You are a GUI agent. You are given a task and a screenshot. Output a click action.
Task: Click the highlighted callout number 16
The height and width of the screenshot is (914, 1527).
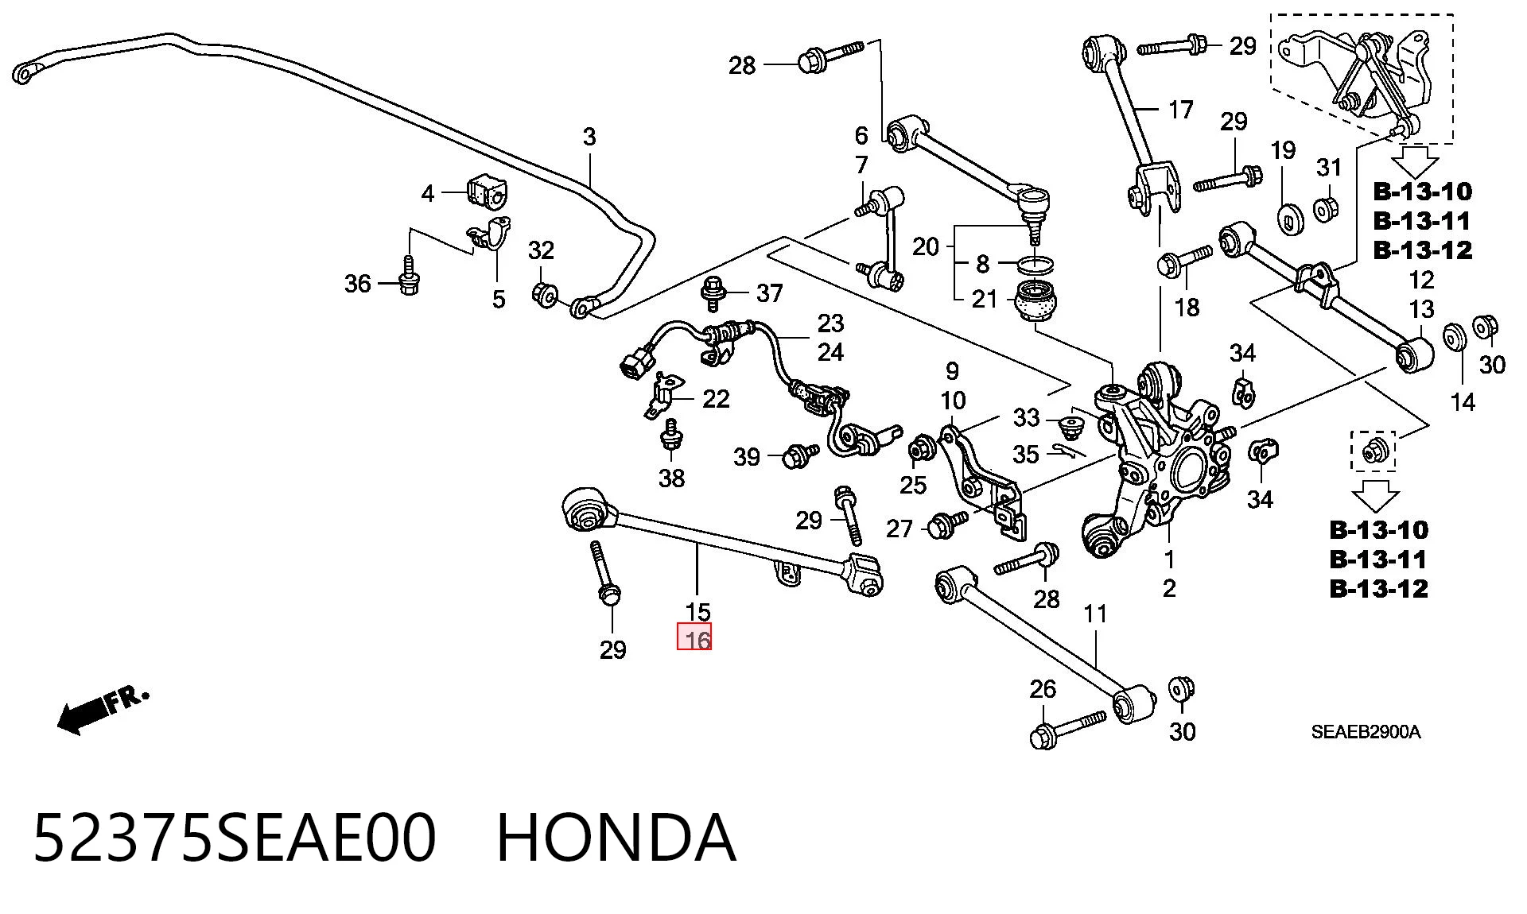coord(694,637)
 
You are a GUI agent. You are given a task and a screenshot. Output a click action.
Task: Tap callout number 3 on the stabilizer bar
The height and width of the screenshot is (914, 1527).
coord(589,137)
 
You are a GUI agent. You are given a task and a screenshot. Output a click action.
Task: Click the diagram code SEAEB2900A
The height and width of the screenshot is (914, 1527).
coord(1366,732)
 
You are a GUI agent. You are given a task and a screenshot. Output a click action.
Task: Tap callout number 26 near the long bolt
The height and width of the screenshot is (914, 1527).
coord(1043,689)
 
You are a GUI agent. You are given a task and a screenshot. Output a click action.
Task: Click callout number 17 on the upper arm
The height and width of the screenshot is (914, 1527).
coord(1180,109)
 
